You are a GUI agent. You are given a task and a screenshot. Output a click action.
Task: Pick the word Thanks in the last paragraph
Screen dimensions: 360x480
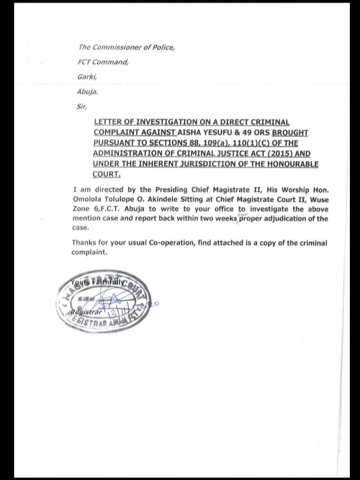[x=83, y=243]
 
